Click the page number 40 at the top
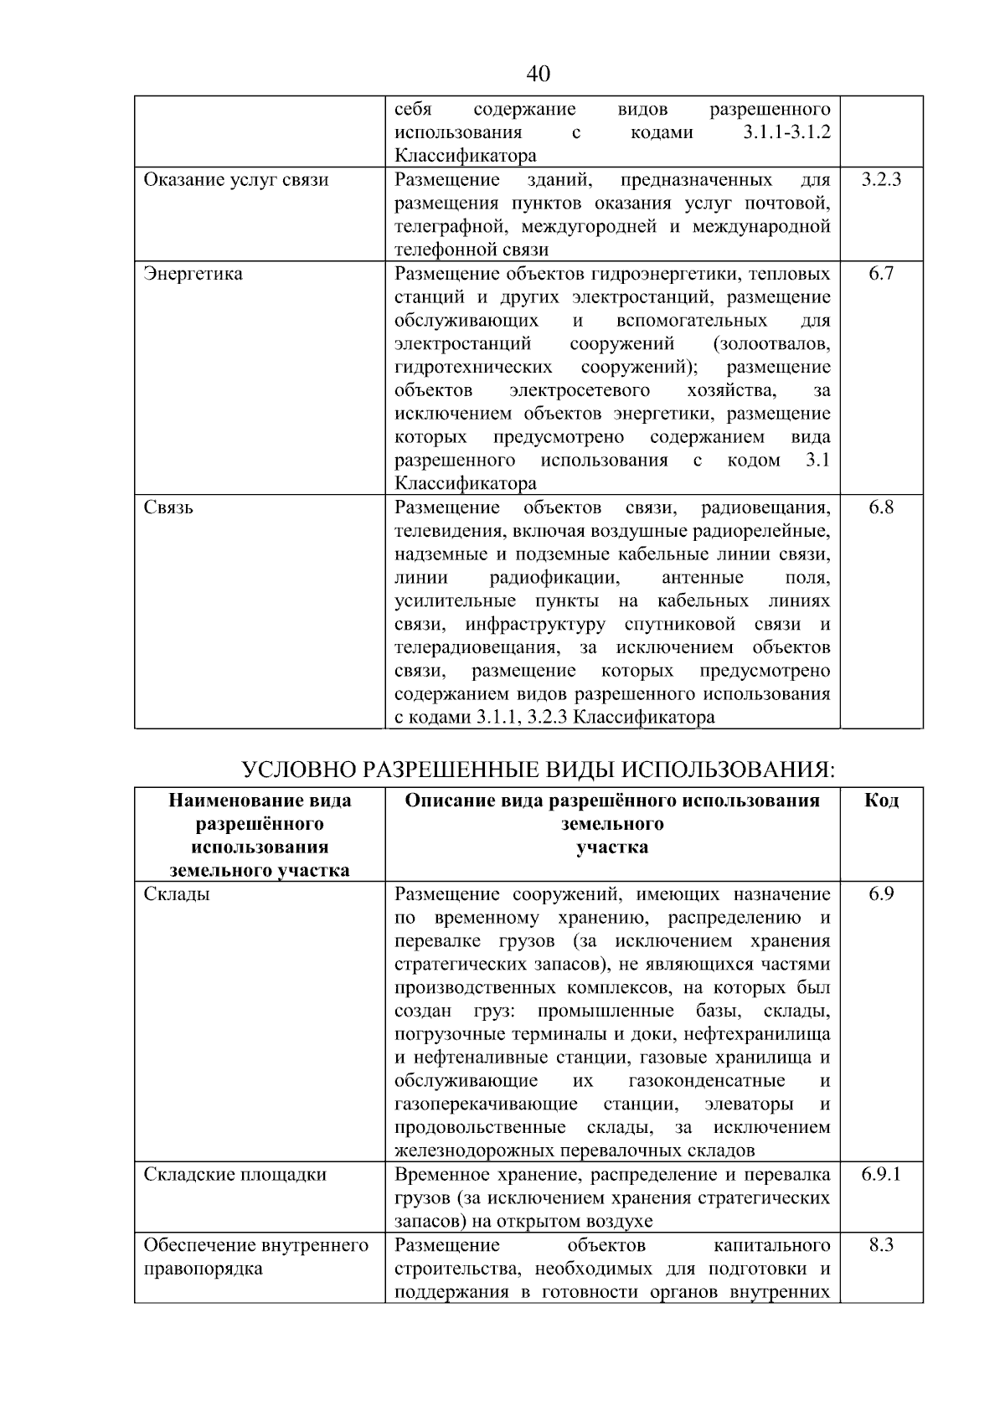[539, 75]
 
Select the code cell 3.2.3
[881, 180]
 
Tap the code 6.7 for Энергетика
[881, 274]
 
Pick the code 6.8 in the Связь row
[881, 507]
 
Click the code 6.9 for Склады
[881, 894]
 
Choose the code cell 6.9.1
[881, 1174]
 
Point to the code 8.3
[881, 1245]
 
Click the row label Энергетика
[193, 274]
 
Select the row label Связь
[168, 507]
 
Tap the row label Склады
[177, 894]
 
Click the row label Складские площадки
[235, 1174]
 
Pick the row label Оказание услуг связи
[236, 180]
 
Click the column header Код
[881, 801]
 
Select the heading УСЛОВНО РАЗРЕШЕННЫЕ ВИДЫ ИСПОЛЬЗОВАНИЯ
[539, 769]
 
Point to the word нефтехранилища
[764, 1034]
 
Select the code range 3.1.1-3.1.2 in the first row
[786, 133]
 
